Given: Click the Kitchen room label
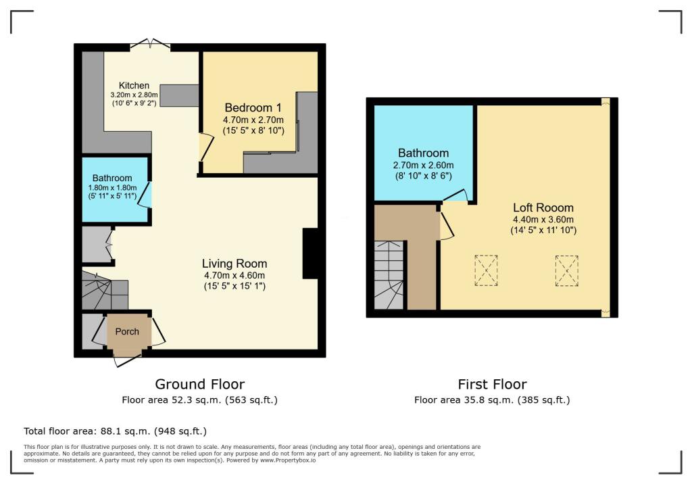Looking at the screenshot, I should point(134,85).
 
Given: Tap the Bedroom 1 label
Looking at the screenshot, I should point(253,107).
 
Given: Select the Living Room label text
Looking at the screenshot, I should point(234,264).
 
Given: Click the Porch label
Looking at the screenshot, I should point(127,331).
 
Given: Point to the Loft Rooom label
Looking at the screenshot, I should point(543,208).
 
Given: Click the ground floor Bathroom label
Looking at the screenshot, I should point(113,178).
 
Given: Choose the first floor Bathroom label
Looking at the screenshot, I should point(423,153).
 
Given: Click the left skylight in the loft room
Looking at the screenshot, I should point(486,270).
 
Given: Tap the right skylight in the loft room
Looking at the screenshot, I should point(566,270).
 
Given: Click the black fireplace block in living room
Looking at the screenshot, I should point(310,253).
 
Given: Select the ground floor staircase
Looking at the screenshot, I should point(105,290).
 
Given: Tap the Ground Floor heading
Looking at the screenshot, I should point(200,385).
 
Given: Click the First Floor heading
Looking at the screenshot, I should point(492,385).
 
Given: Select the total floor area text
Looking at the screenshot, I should point(115,431).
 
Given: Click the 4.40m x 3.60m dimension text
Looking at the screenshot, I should point(543,220).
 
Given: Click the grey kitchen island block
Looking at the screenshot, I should point(179,95).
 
